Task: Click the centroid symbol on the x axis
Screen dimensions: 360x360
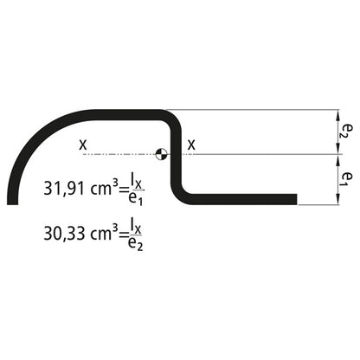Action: tap(161, 155)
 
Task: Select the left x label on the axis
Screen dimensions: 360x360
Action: tap(83, 145)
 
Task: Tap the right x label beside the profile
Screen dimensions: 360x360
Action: tap(191, 145)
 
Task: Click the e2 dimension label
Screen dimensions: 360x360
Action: tap(344, 131)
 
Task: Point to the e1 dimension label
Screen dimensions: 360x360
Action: tap(344, 179)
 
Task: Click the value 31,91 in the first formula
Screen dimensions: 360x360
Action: tap(61, 187)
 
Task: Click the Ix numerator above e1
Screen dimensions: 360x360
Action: tap(137, 178)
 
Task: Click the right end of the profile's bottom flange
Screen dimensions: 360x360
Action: tap(294, 200)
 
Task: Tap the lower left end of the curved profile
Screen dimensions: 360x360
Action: tap(12, 201)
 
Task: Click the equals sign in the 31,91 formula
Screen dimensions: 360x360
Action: tap(123, 188)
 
